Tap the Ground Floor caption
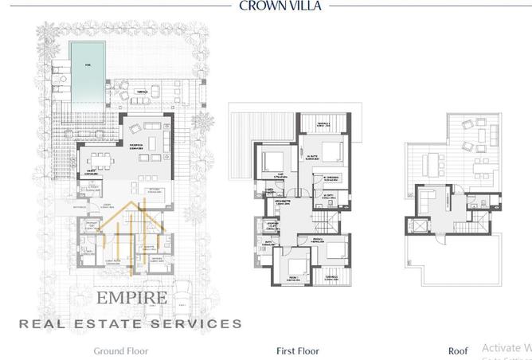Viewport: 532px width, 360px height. pyautogui.click(x=121, y=350)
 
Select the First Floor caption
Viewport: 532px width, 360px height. pyautogui.click(x=297, y=350)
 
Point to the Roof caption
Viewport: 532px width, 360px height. pyautogui.click(x=458, y=350)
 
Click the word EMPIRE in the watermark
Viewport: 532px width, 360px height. pyautogui.click(x=131, y=299)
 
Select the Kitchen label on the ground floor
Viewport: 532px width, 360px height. pyautogui.click(x=153, y=190)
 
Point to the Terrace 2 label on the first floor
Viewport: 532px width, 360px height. pyautogui.click(x=323, y=124)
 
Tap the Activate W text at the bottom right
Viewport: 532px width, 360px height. pyautogui.click(x=507, y=348)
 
